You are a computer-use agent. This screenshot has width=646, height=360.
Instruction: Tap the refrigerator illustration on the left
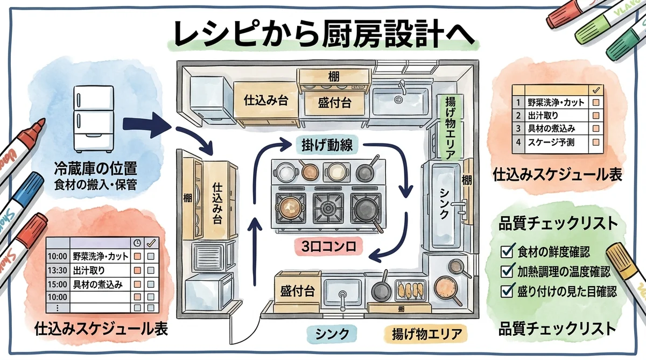94,119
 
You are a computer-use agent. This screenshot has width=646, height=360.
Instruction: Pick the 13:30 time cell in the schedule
58,270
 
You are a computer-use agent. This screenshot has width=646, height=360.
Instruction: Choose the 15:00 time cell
58,284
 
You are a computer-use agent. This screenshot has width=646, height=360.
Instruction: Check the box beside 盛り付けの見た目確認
507,291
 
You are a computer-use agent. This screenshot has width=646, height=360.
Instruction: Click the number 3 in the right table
518,129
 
